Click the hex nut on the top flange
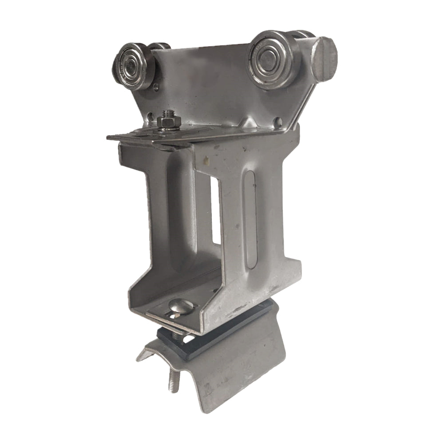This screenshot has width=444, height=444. coord(168,123)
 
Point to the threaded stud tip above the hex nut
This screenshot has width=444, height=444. coord(167,114)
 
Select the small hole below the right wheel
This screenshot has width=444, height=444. coord(277,120)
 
